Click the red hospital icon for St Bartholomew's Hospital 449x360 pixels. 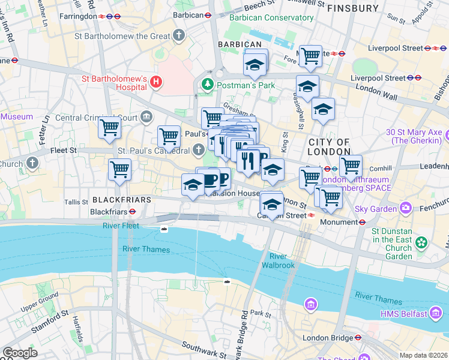[156, 82]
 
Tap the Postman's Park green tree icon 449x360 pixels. [208, 84]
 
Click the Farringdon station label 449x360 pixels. [78, 16]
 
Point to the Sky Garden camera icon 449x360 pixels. [406, 208]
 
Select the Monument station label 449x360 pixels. [339, 222]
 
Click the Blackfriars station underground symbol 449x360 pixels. [132, 212]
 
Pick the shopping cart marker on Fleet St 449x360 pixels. [120, 169]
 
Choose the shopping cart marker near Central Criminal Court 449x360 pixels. [110, 128]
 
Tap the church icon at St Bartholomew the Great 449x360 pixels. [179, 36]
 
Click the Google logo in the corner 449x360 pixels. [20, 353]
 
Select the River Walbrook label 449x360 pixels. [274, 261]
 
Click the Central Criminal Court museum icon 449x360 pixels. [146, 116]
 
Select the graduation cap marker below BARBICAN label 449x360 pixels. [255, 64]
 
